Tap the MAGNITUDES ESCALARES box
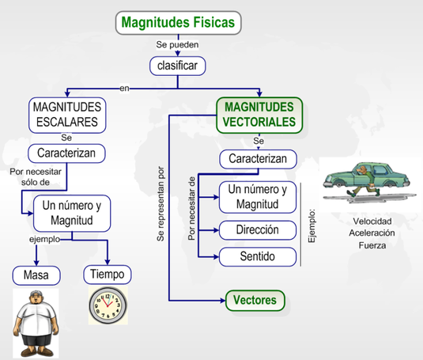(68, 114)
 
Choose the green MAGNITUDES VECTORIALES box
(259, 114)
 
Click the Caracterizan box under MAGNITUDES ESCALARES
(68, 152)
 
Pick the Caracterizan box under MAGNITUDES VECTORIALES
(259, 159)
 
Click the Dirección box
(257, 231)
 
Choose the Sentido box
(257, 257)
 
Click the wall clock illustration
(107, 305)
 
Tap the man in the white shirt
(36, 320)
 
